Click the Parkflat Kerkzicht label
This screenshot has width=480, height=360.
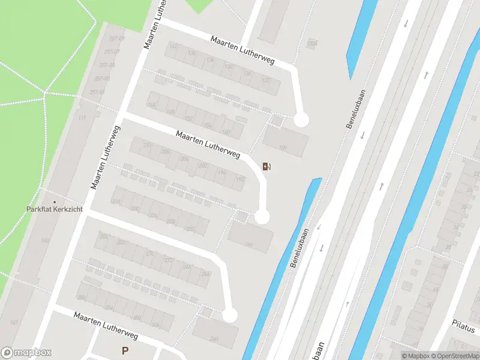point(55,209)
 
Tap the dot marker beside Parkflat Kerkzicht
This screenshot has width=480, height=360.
point(55,202)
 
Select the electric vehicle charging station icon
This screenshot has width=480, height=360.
point(266,166)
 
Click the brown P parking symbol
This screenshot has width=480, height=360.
point(125,351)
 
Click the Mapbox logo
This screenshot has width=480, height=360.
point(26,352)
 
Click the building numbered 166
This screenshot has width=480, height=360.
point(248,244)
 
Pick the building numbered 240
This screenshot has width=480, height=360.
point(215,339)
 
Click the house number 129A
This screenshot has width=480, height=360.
point(311,44)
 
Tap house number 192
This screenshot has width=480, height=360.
point(240,179)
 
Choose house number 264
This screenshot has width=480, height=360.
point(205,274)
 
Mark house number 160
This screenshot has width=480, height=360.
point(226,132)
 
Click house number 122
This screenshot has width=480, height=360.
point(266,80)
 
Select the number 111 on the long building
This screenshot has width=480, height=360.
point(82,118)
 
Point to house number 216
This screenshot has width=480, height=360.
point(116,202)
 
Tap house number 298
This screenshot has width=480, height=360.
point(81,298)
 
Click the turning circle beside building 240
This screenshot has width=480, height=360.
point(229,315)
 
